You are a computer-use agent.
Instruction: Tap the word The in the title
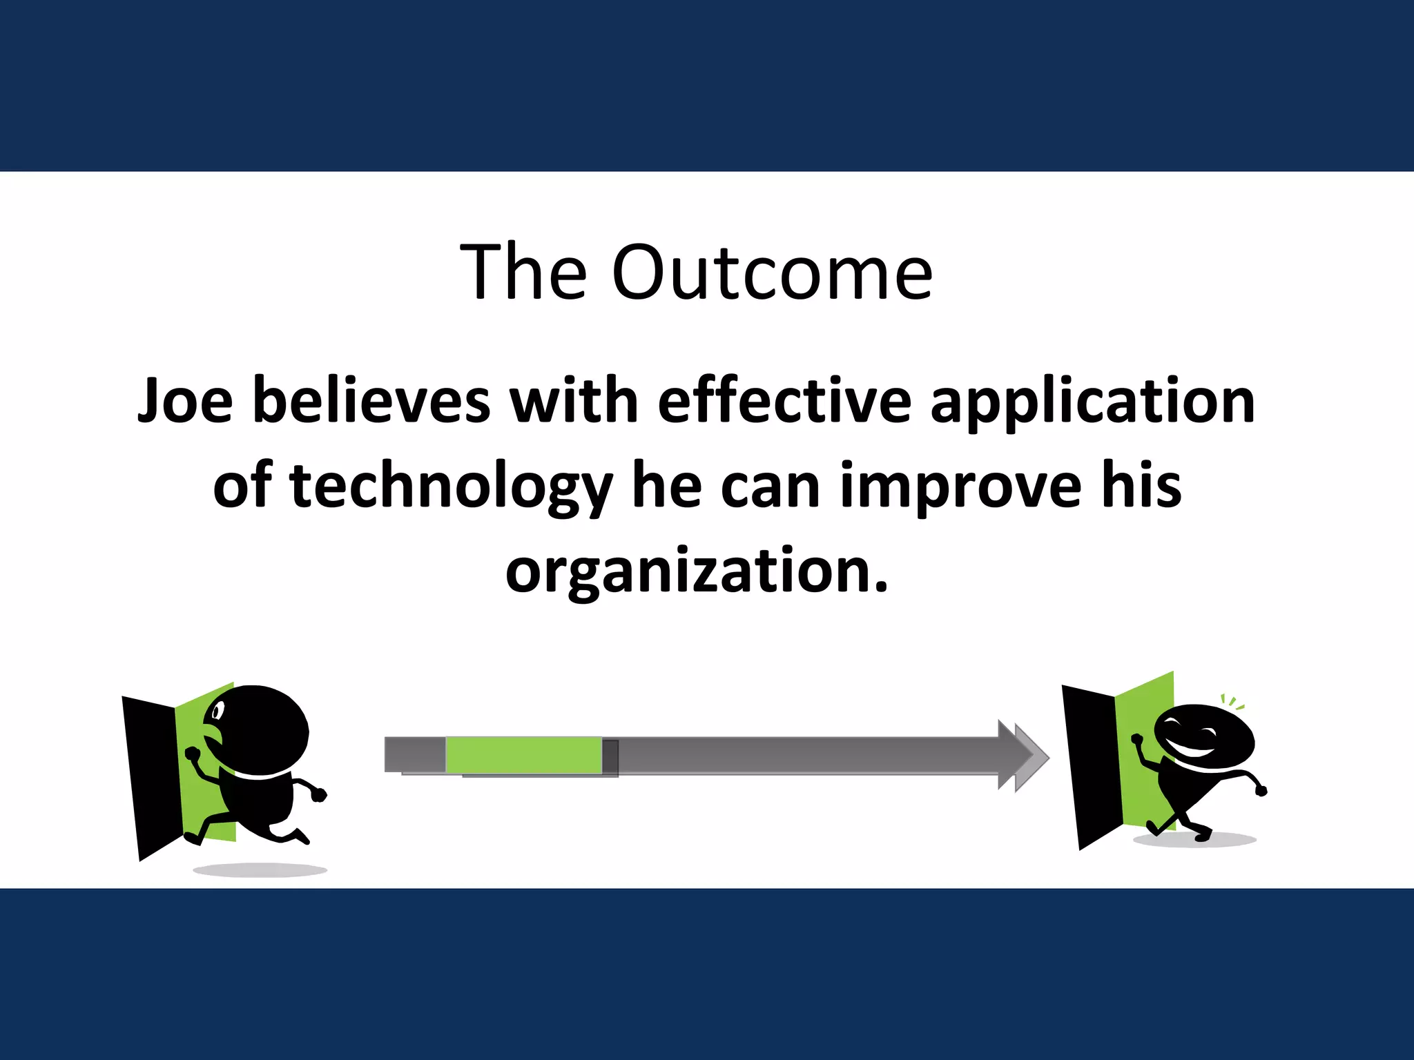[523, 273]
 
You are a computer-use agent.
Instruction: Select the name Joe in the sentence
[185, 402]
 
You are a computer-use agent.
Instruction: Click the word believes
[371, 402]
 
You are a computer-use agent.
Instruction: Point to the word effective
[784, 402]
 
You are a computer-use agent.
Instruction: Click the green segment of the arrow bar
[523, 755]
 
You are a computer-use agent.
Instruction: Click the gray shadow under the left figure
[260, 870]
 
